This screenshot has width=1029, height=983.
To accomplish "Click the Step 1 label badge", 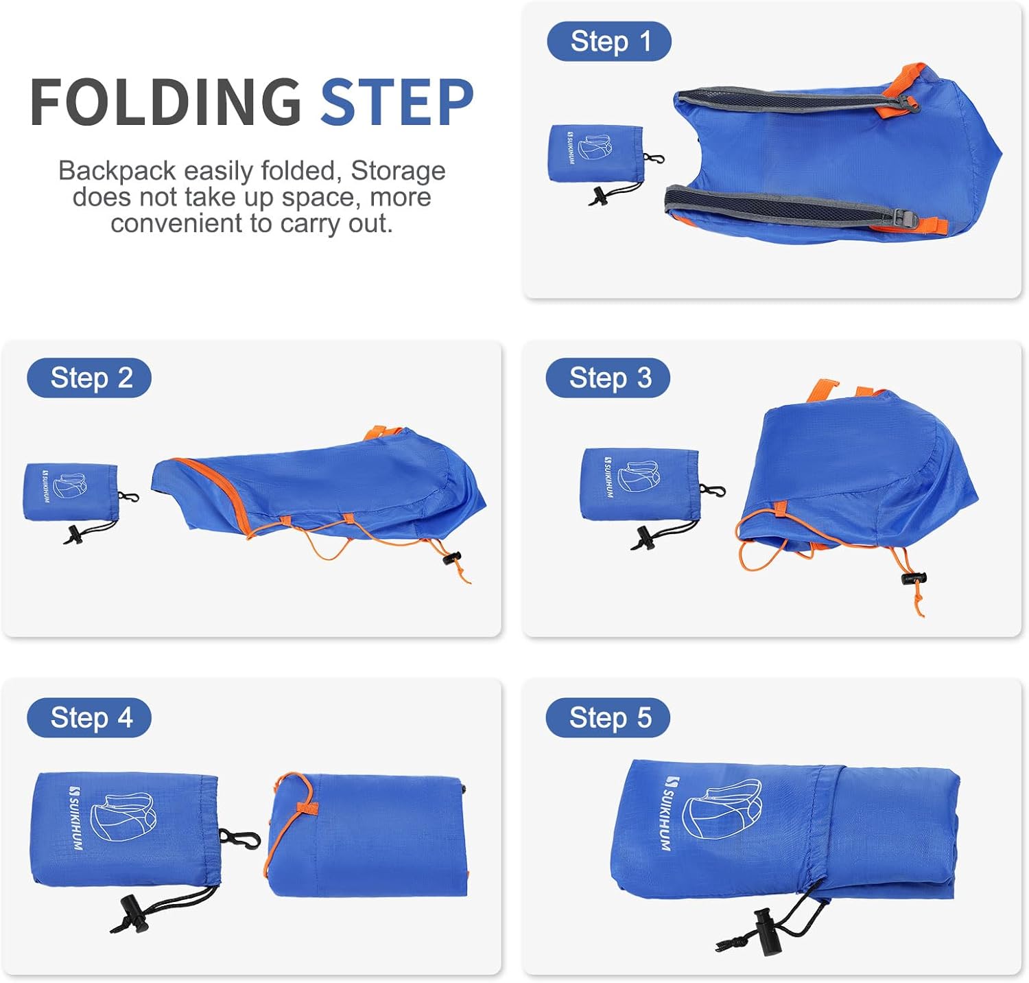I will [x=608, y=41].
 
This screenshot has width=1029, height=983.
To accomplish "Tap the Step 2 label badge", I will [x=89, y=378].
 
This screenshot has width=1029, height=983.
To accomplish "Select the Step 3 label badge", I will [x=608, y=378].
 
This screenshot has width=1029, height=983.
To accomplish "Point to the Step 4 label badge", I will [x=89, y=717].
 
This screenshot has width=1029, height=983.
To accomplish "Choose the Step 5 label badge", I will [x=608, y=717].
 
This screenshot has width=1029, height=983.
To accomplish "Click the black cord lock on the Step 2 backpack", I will [x=452, y=558].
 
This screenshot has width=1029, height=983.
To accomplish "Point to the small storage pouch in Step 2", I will [x=70, y=491].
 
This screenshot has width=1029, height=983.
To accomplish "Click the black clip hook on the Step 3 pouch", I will [x=711, y=490].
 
